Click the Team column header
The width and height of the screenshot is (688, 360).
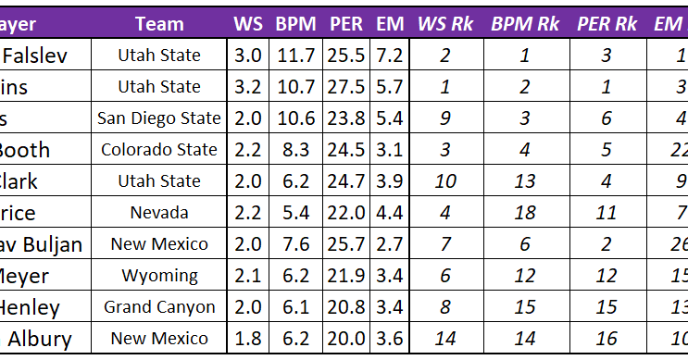[159, 23]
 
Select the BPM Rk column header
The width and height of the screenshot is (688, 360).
[525, 23]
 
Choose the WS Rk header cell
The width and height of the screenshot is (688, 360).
[445, 23]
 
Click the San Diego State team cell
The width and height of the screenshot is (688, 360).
[159, 118]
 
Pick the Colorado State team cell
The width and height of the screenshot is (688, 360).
[159, 150]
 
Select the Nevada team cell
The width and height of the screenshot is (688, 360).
[159, 213]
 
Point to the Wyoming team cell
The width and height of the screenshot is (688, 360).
[159, 276]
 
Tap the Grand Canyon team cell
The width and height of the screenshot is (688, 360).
[159, 307]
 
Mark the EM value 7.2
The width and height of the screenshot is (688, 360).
[390, 56]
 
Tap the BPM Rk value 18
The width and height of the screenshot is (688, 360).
[525, 213]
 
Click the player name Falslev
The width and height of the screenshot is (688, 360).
[36, 56]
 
